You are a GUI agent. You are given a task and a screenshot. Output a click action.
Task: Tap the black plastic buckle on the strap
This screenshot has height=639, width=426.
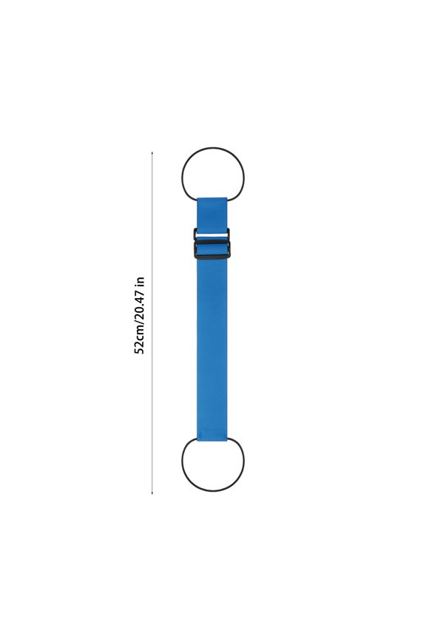point(212,244)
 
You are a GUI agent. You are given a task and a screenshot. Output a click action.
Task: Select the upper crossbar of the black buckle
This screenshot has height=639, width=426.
point(212,231)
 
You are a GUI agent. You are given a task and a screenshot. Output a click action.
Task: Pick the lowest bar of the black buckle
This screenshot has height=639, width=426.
point(212,256)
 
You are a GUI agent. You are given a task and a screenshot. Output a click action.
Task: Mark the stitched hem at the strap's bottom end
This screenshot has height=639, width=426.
point(212,436)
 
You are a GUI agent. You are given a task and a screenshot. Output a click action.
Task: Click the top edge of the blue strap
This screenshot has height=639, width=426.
point(212,198)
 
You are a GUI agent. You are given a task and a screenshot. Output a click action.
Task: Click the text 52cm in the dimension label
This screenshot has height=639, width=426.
point(139,337)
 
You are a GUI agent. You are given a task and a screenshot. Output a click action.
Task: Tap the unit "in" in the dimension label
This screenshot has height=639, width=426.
point(139,282)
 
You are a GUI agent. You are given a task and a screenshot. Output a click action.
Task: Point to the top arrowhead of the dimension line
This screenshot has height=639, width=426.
point(152,153)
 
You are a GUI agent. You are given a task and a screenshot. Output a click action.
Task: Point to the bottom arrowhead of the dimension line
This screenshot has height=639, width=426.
point(152,492)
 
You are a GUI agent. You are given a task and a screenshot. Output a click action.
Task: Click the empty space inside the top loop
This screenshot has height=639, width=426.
point(213,174)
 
